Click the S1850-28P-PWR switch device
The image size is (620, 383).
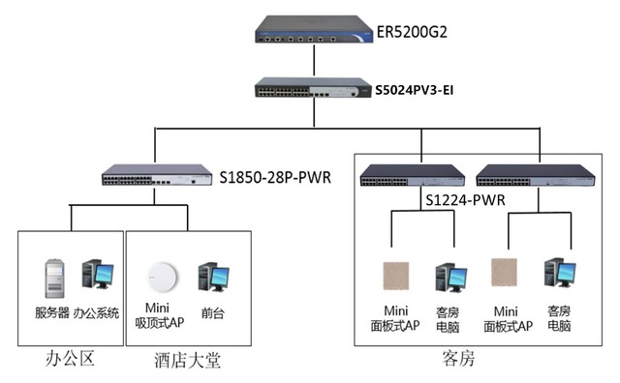[157, 177]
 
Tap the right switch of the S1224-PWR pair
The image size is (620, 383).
[529, 176]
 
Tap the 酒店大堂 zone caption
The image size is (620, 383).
[188, 361]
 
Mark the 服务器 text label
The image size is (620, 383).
[52, 312]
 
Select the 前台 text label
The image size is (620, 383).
[213, 313]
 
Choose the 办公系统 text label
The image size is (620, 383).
[96, 312]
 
